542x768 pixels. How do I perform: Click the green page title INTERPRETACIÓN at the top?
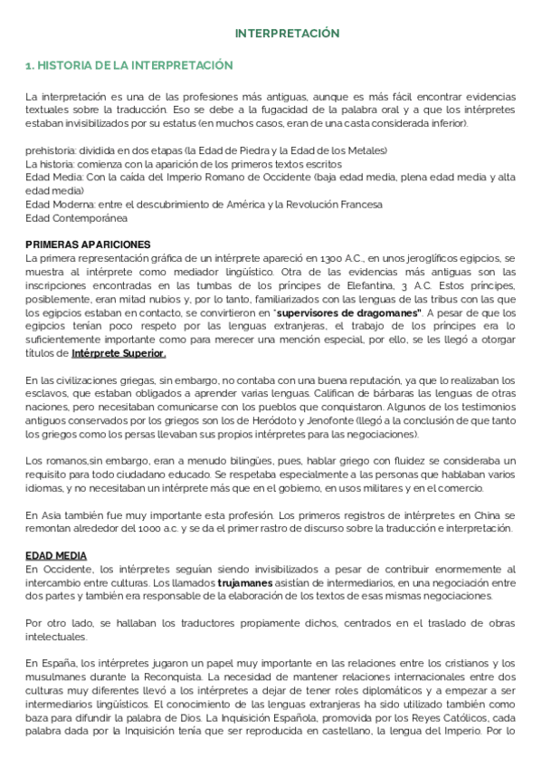pyautogui.click(x=287, y=34)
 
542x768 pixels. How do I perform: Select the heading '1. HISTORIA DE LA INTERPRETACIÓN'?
pyautogui.click(x=128, y=66)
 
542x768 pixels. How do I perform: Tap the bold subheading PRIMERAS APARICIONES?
pyautogui.click(x=88, y=245)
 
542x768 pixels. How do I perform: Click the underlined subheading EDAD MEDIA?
pyautogui.click(x=56, y=555)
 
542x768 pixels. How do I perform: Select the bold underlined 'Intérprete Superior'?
pyautogui.click(x=118, y=353)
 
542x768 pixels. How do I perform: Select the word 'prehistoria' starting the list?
pyautogui.click(x=52, y=150)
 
